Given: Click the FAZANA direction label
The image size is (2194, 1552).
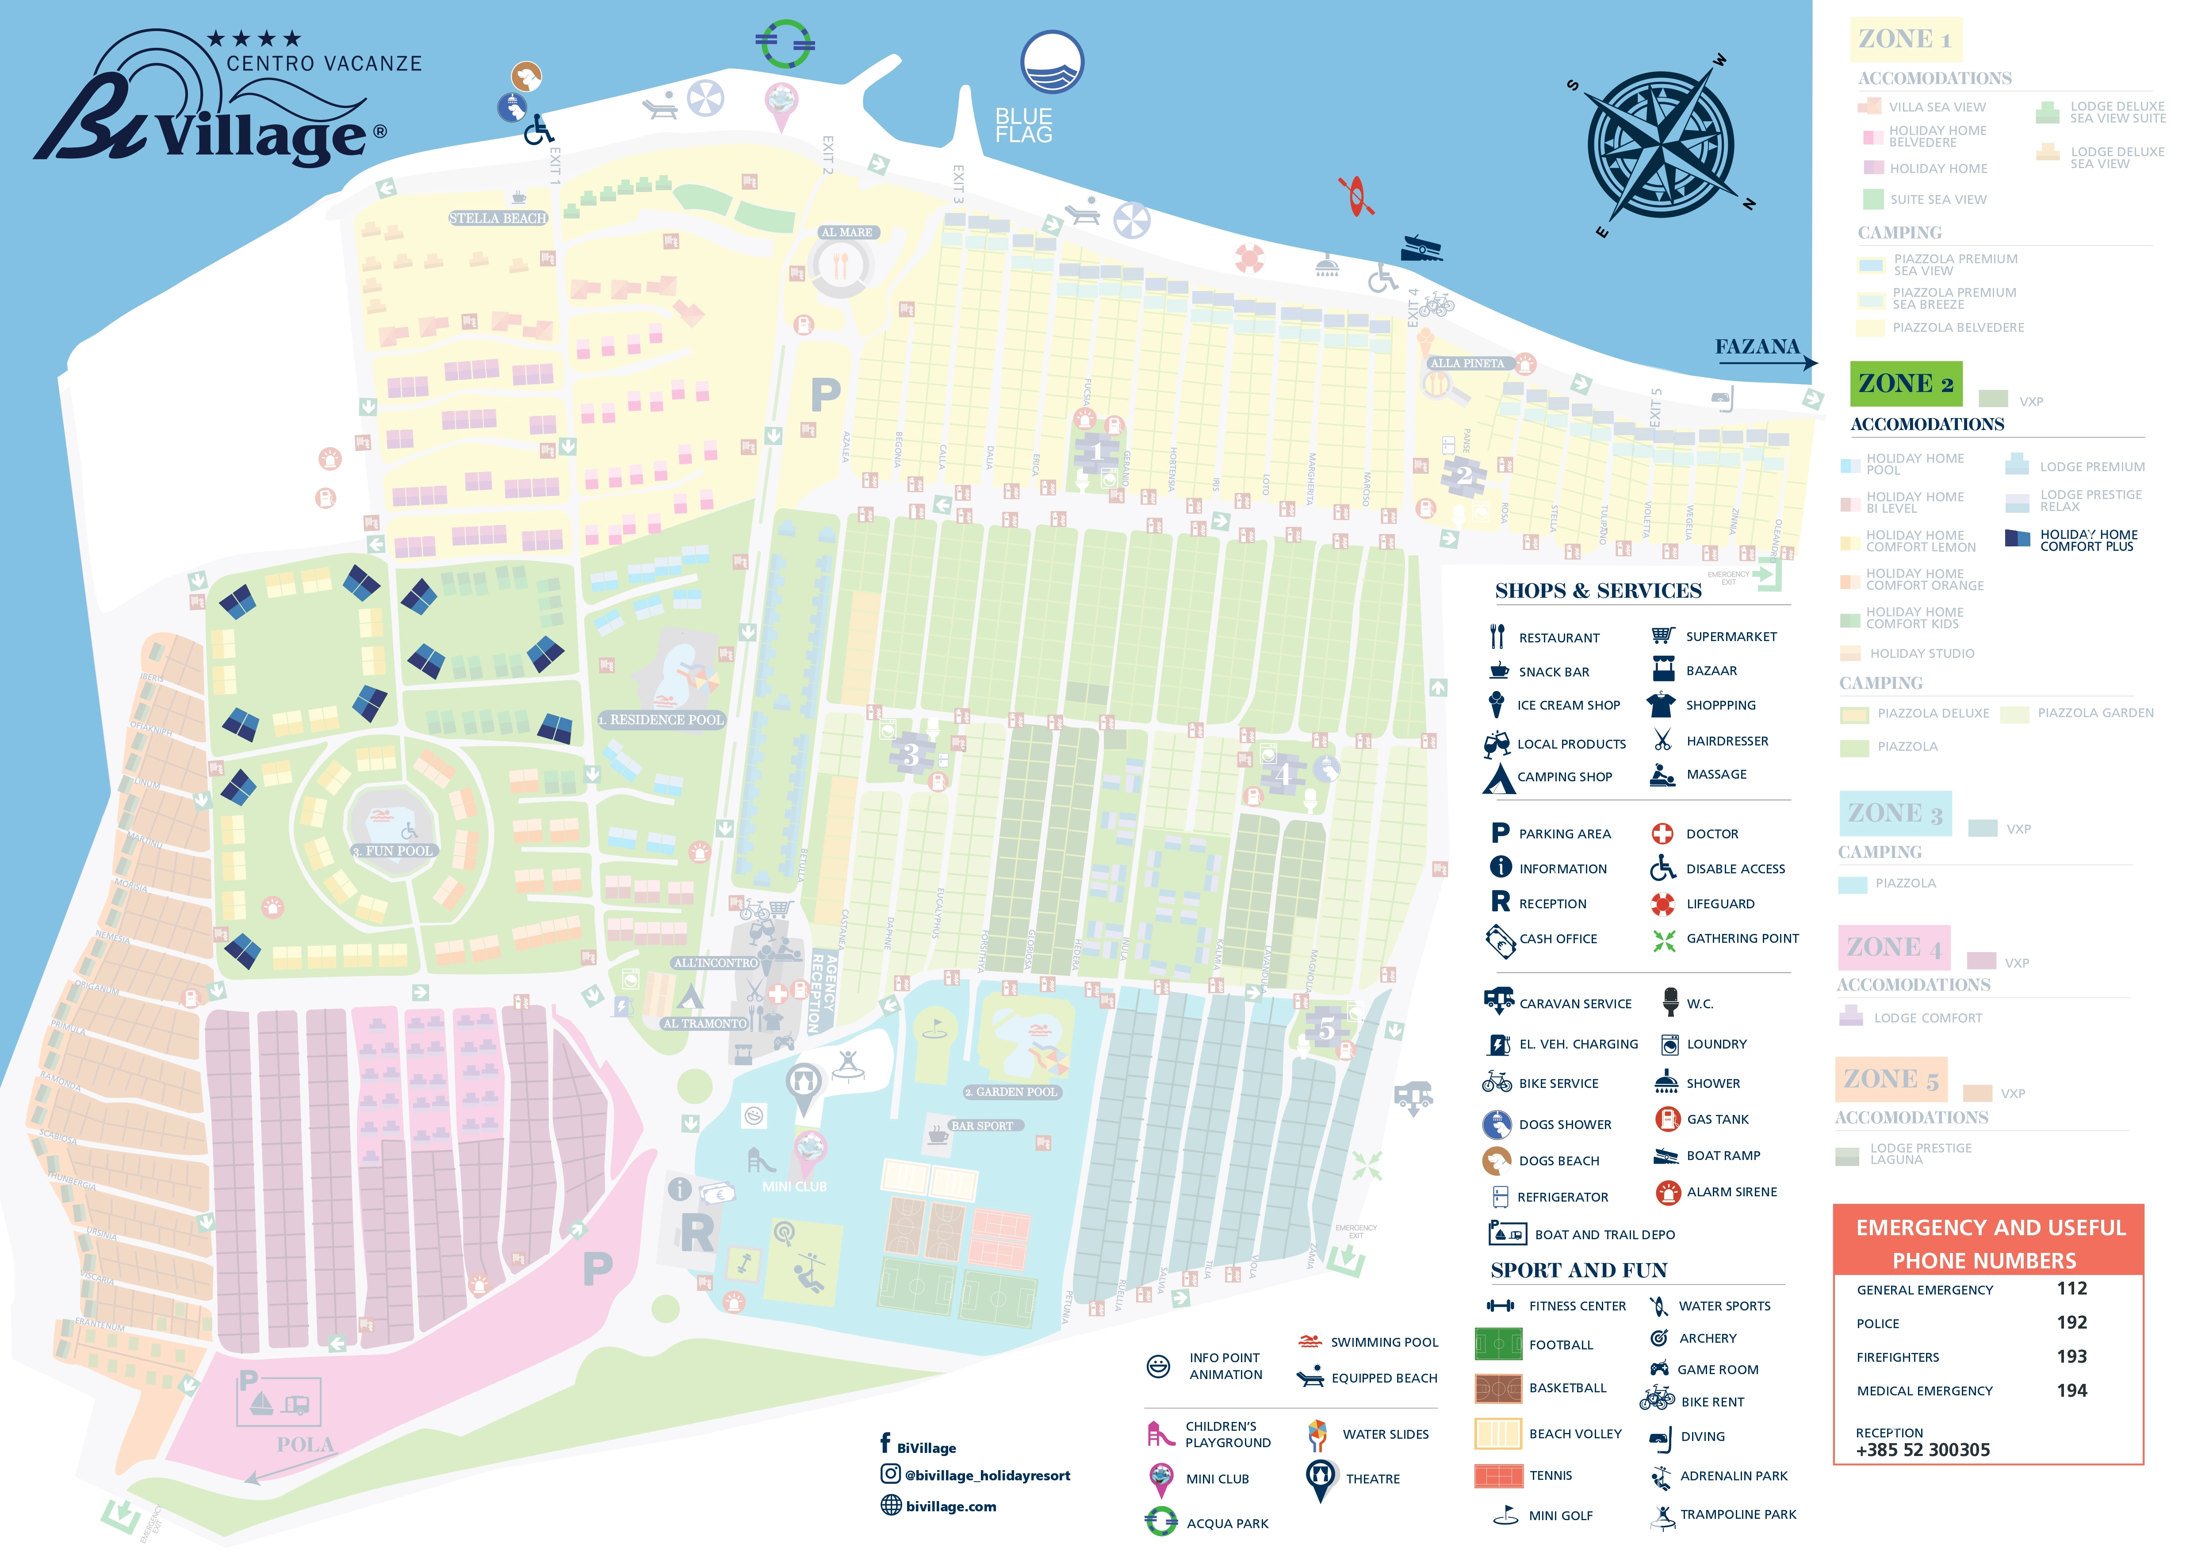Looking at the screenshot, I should [1756, 347].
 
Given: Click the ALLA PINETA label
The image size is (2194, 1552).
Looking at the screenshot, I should [1467, 363].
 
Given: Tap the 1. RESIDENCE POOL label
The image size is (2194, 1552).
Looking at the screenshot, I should [661, 720].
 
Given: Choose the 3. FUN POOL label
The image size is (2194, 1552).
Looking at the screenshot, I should [393, 850].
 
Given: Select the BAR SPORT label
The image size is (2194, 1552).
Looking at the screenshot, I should [981, 1126].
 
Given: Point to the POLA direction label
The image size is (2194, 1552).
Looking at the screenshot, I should [305, 1444].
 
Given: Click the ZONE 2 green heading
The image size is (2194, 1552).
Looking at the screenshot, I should [1905, 384].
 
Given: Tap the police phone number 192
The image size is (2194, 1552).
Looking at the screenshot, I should [2071, 1323].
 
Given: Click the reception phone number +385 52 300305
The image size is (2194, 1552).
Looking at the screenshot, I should [1922, 1450].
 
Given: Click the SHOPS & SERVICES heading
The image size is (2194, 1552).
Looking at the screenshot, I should [1598, 591].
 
